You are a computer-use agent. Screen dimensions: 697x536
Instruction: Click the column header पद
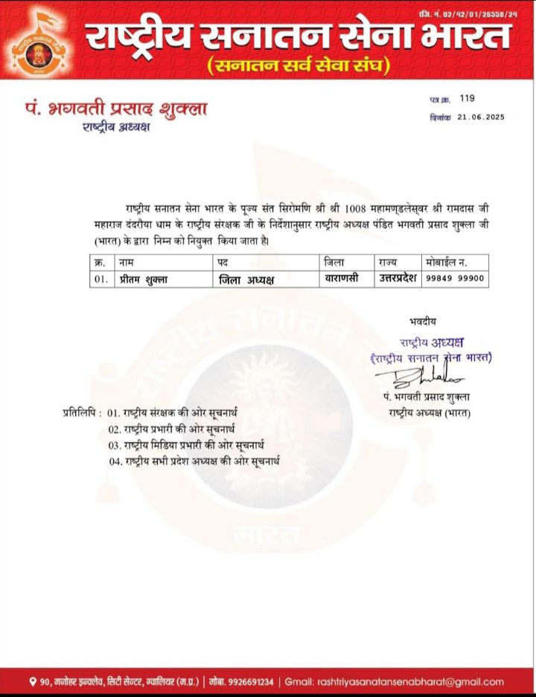[x=223, y=263]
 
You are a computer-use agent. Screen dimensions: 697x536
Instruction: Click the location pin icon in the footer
[x=33, y=681]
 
